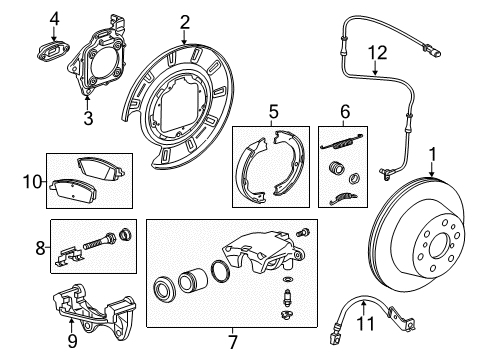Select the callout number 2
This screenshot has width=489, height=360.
click(185, 21)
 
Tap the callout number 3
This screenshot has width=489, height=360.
click(87, 119)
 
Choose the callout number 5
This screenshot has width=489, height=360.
click(272, 112)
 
